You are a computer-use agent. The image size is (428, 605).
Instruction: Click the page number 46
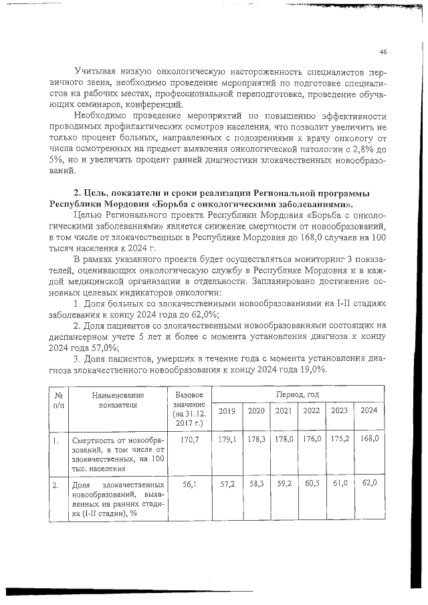point(383,51)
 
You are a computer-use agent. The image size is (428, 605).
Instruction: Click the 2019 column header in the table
point(228,410)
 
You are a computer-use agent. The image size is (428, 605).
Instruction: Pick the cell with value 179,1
point(228,439)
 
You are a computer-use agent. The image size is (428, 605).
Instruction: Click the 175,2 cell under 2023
point(340,439)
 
